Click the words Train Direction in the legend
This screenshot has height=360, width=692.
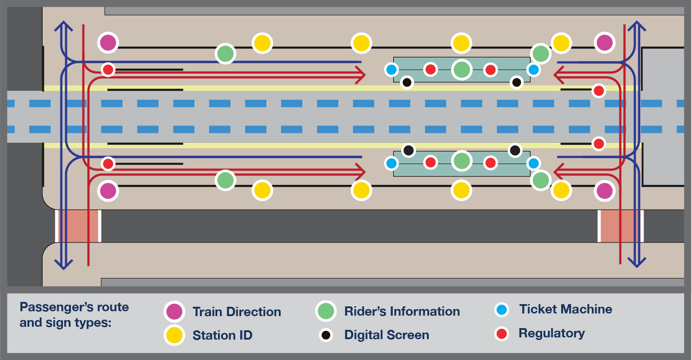(236, 312)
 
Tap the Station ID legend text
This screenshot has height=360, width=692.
(223, 335)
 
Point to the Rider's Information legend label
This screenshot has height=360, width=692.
(402, 311)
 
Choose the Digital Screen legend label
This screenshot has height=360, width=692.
(387, 335)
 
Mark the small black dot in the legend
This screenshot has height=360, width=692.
(326, 335)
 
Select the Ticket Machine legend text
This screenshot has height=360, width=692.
(566, 309)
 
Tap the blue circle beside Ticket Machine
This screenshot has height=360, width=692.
(501, 309)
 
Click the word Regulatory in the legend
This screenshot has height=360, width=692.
(551, 333)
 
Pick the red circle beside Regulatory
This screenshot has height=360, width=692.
(501, 333)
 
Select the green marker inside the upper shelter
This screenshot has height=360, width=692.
(461, 70)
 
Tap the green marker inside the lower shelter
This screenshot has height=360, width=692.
(461, 160)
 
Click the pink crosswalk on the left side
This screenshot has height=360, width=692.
(78, 226)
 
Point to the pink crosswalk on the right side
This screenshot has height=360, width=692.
(621, 226)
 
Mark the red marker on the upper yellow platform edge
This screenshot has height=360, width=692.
(598, 91)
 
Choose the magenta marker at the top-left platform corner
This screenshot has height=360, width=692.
(108, 43)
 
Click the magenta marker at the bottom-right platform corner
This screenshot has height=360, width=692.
(604, 191)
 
